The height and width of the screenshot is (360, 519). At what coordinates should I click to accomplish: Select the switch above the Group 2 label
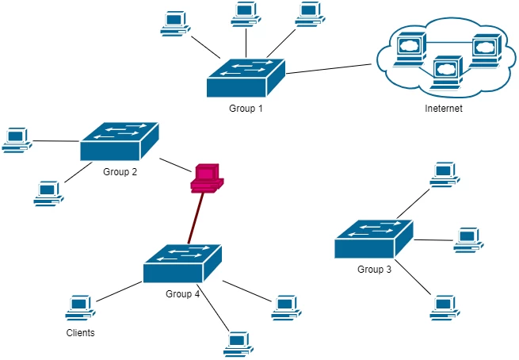click(119, 143)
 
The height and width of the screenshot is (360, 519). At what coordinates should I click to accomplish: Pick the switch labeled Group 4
click(182, 264)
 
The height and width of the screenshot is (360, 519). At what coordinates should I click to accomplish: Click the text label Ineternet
click(444, 109)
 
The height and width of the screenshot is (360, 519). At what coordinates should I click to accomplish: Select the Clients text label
click(80, 333)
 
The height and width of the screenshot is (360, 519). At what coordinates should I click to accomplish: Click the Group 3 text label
click(374, 270)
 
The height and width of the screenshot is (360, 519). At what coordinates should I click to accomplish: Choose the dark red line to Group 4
click(196, 219)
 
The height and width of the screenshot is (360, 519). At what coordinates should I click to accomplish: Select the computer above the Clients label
click(80, 307)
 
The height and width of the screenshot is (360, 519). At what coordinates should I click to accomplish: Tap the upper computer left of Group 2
click(16, 139)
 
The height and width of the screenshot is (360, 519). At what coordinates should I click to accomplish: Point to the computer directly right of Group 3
click(467, 239)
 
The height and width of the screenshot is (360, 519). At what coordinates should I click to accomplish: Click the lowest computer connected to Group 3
click(445, 306)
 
